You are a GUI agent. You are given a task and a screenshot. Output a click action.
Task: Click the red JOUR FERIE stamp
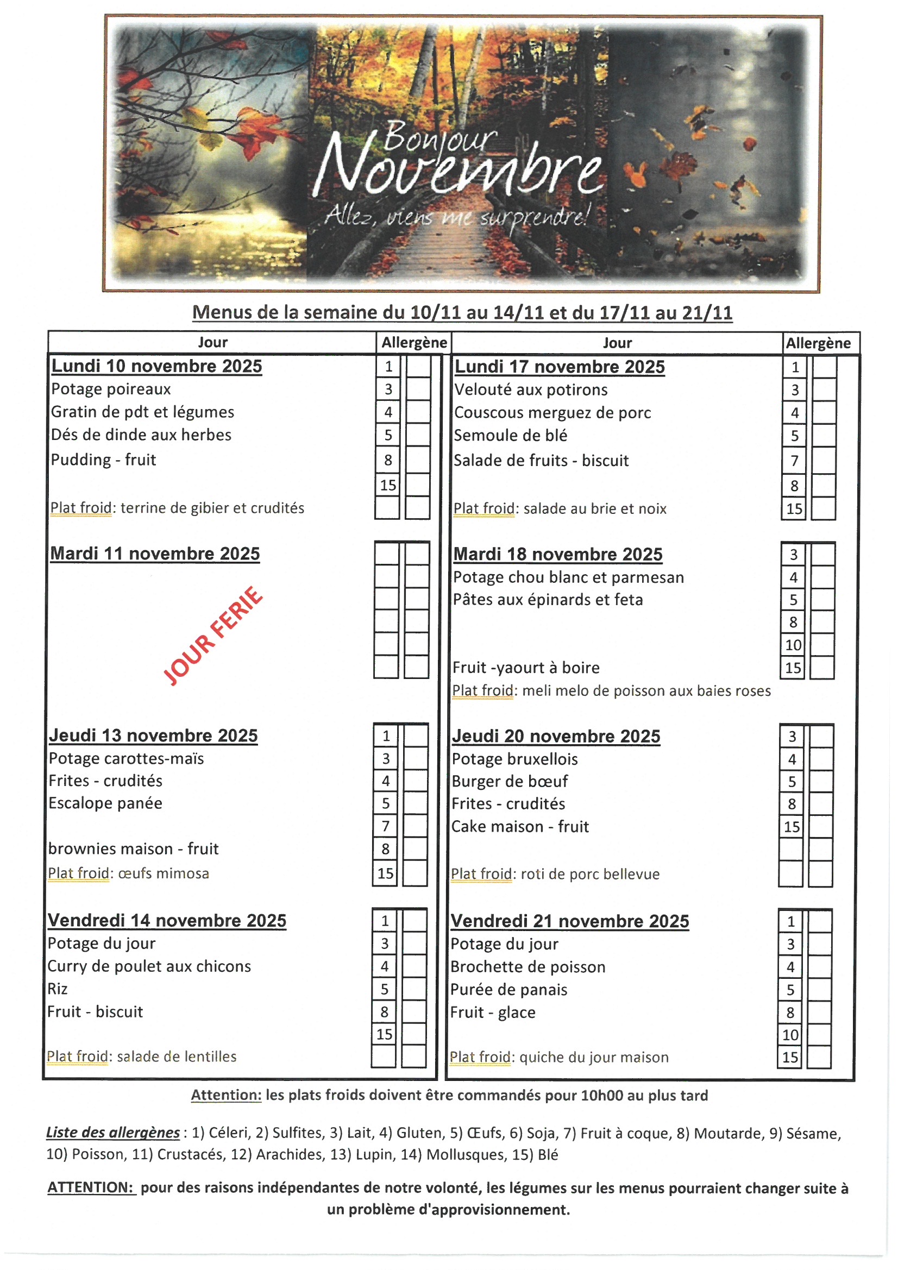tap(213, 636)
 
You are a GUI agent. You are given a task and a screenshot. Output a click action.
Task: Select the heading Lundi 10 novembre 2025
tap(156, 366)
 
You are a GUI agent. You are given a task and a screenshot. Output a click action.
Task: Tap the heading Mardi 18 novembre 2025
tap(558, 554)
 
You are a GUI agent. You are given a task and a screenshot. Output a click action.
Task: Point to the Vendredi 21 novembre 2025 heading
tap(569, 921)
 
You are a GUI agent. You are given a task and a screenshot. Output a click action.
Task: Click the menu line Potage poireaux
tap(111, 389)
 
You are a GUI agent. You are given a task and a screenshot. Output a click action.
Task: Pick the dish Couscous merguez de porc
tap(552, 413)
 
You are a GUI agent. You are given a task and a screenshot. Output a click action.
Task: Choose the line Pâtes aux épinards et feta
tap(548, 600)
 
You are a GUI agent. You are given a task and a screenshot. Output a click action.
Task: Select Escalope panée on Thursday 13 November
tap(106, 803)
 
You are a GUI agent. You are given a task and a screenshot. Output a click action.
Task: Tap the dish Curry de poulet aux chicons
tap(149, 966)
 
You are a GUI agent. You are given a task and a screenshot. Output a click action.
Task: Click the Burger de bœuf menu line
tap(510, 781)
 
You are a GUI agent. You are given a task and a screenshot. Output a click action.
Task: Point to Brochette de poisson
tap(528, 967)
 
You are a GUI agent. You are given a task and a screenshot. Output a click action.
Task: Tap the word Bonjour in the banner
tap(440, 136)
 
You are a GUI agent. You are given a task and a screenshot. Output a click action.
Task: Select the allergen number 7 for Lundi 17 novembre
tap(794, 461)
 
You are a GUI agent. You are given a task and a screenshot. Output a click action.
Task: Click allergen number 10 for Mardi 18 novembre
tap(793, 645)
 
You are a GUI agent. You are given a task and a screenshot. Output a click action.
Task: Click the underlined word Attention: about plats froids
tap(227, 1095)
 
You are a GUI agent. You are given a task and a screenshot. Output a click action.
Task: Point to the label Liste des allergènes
tap(113, 1133)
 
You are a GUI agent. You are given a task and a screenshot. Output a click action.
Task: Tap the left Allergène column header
tap(414, 343)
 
